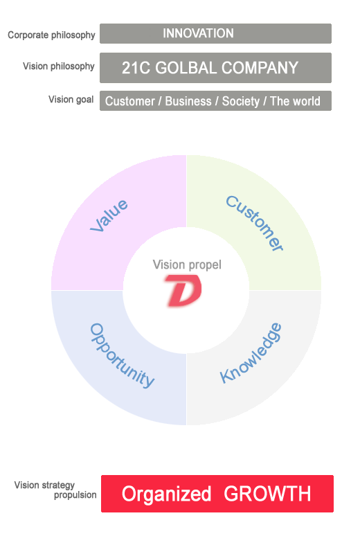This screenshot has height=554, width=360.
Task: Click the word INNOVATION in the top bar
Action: coord(198,33)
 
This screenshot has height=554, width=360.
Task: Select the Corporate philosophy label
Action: coord(52,35)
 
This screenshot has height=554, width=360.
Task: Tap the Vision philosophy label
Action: coord(59,66)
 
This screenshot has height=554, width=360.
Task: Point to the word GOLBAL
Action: coord(186,67)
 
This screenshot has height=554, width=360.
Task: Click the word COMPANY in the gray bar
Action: coord(260,67)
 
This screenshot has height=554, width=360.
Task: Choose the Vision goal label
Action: coord(71,100)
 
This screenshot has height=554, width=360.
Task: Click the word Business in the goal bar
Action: coord(188,101)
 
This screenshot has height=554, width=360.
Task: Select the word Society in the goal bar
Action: coord(241,101)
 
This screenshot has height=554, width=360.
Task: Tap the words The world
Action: coord(295,101)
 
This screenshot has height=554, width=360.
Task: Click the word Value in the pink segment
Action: coord(109,215)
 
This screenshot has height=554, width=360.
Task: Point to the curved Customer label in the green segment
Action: coord(254,223)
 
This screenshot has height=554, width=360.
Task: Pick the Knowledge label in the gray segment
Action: coord(251,353)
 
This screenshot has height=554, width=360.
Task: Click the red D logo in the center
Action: coord(183,290)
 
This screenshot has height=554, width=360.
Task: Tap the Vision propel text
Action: coord(187,265)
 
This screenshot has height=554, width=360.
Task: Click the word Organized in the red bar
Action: coord(166,494)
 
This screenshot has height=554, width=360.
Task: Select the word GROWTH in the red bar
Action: coord(267,494)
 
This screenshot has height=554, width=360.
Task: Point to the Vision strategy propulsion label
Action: coord(55,490)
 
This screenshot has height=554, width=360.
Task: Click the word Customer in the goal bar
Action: coord(130,101)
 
